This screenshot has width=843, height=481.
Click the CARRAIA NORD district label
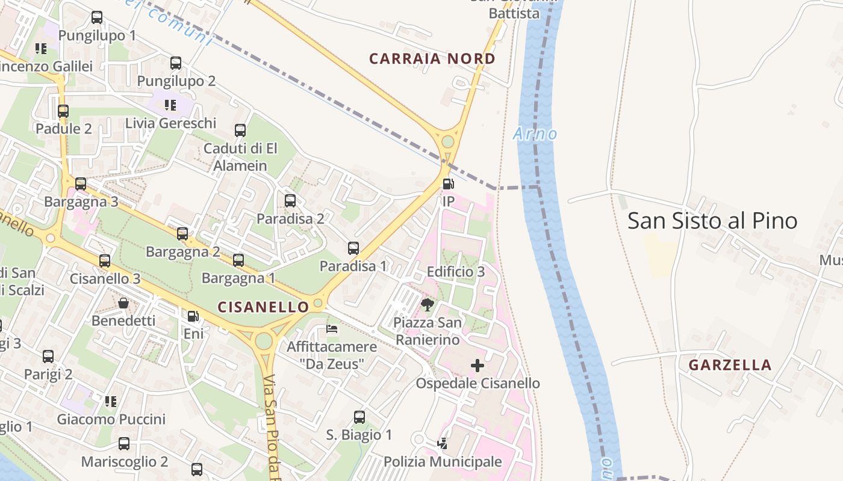coord(432,59)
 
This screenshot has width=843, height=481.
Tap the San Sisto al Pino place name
coord(712,221)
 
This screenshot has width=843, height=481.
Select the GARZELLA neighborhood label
coord(730,365)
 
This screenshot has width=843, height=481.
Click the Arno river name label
coord(535,133)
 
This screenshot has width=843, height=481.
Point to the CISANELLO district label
coord(263,307)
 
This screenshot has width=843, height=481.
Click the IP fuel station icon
coord(448,184)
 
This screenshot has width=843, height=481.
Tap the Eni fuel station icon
coord(193,316)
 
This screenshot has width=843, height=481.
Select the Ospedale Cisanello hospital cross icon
coord(477,366)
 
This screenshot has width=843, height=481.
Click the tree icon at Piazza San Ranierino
coord(428,305)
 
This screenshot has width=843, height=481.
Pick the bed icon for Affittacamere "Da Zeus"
coord(332,329)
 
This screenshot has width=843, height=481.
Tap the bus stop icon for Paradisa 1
coord(353,248)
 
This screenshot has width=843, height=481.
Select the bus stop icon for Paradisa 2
coord(290,201)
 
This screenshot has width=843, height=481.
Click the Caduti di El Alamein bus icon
coord(240,130)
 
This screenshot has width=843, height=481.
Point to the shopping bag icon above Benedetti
coord(123,303)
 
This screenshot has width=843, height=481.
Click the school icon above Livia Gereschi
coord(170,105)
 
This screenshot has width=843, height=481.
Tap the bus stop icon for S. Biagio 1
coord(359,417)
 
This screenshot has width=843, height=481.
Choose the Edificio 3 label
coord(455,272)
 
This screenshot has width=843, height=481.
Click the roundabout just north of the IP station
coord(447,142)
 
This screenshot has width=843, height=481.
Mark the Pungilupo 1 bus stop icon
coord(97,17)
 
